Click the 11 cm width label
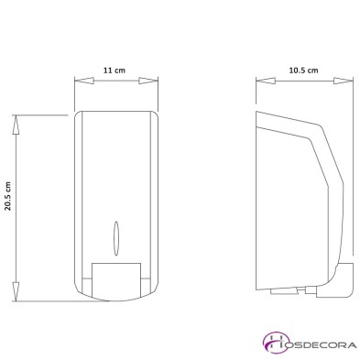(114, 69)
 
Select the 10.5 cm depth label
(302, 69)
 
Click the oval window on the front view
(115, 235)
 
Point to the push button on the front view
(115, 277)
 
